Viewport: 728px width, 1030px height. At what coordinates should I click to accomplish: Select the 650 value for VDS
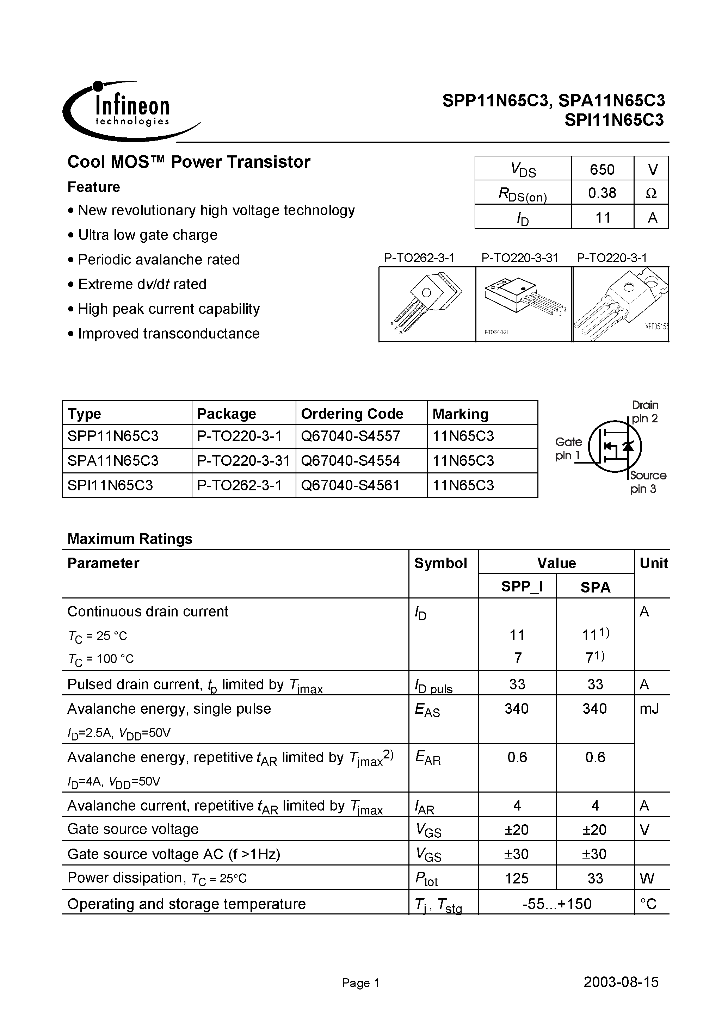pos(602,169)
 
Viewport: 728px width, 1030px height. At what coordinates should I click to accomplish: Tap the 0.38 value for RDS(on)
pos(602,193)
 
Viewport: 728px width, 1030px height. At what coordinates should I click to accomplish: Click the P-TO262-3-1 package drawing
pos(427,304)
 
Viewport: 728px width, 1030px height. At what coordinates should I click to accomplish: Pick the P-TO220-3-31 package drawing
pos(524,304)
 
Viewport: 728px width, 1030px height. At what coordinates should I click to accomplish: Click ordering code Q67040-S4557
pos(350,436)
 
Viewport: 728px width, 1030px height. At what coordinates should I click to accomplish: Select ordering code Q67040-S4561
pos(350,485)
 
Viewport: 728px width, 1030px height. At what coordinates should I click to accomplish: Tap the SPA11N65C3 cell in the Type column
pos(113,461)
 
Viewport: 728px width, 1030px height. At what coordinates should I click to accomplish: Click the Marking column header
pos(460,414)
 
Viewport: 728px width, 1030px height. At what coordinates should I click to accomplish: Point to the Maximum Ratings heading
pos(130,538)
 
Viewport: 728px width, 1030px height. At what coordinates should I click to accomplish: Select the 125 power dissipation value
pos(517,878)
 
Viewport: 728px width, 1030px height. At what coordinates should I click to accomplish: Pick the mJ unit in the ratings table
pos(649,709)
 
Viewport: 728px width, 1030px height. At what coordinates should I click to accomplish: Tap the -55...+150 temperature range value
pos(556,903)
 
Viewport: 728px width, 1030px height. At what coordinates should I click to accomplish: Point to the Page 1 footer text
pos(360,983)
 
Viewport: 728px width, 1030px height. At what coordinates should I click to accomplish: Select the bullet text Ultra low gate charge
pos(148,235)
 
